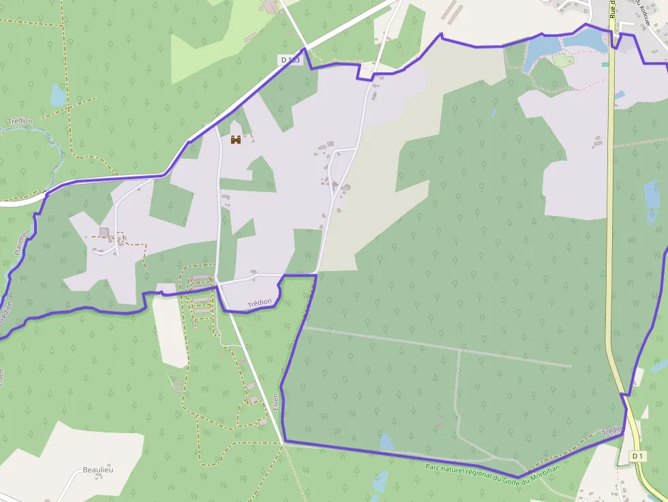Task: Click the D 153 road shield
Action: coord(290,60)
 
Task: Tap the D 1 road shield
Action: coord(637,456)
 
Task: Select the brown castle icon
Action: coord(236,140)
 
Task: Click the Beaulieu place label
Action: coord(97,469)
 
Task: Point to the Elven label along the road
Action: coord(276,401)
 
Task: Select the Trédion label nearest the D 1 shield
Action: coord(612,430)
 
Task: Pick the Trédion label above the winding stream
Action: coord(20,121)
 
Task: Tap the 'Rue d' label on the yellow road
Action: coord(613,9)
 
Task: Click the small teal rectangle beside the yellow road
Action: coord(605,64)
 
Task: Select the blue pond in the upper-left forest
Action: coord(58,95)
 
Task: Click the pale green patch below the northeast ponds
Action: coord(564,61)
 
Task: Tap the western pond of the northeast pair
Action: coord(539,48)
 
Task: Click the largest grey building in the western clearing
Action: coord(104,232)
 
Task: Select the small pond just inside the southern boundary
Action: coord(387,442)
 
